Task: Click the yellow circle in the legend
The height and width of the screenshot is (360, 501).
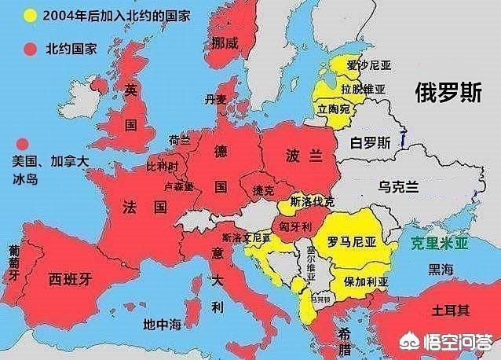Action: point(31,15)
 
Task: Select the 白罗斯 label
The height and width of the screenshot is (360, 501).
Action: point(370,143)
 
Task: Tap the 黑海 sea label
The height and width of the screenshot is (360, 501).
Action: point(441,270)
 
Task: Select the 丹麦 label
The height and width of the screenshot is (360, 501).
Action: point(215,99)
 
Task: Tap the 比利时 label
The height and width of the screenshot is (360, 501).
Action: point(163,167)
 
